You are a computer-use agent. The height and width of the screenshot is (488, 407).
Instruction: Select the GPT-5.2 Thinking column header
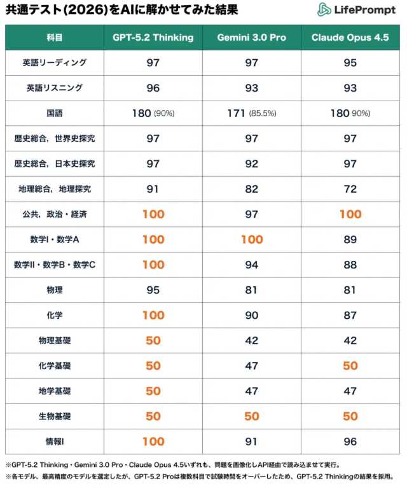pos(153,38)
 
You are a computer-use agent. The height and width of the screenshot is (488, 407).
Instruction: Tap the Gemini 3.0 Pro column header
pos(252,38)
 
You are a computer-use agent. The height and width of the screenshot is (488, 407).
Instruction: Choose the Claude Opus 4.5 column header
pos(350,38)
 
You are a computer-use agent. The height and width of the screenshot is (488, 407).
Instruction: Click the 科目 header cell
pos(55,38)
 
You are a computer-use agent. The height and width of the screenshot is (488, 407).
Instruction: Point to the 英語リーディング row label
pos(55,63)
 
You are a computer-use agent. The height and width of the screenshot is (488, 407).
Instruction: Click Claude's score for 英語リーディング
pos(350,63)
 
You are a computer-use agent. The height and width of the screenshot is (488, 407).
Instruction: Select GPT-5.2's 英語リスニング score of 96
pos(153,88)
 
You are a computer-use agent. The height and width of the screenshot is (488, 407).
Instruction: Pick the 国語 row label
pos(55,113)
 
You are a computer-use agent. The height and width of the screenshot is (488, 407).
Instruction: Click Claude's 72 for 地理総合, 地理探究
pos(350,189)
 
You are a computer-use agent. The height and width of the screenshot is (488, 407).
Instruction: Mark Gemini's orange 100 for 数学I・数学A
pos(252,239)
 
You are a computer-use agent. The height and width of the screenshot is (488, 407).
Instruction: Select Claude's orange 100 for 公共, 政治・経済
pos(350,214)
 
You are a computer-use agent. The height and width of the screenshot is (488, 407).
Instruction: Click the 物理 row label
pos(55,290)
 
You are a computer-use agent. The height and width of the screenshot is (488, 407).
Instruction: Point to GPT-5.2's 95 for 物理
pos(153,290)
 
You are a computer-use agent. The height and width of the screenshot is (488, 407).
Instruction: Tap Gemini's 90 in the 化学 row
pos(252,315)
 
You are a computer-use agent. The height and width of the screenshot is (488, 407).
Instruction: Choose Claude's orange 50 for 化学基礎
pos(350,366)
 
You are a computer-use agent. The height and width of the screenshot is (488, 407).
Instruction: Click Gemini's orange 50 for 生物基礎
pos(252,416)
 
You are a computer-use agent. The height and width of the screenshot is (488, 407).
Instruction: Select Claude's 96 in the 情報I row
pos(350,442)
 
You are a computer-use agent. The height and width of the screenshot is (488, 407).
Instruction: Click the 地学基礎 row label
pos(55,391)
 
